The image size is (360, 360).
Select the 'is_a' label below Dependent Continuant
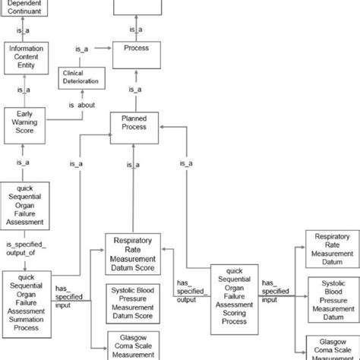(x=24, y=30)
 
